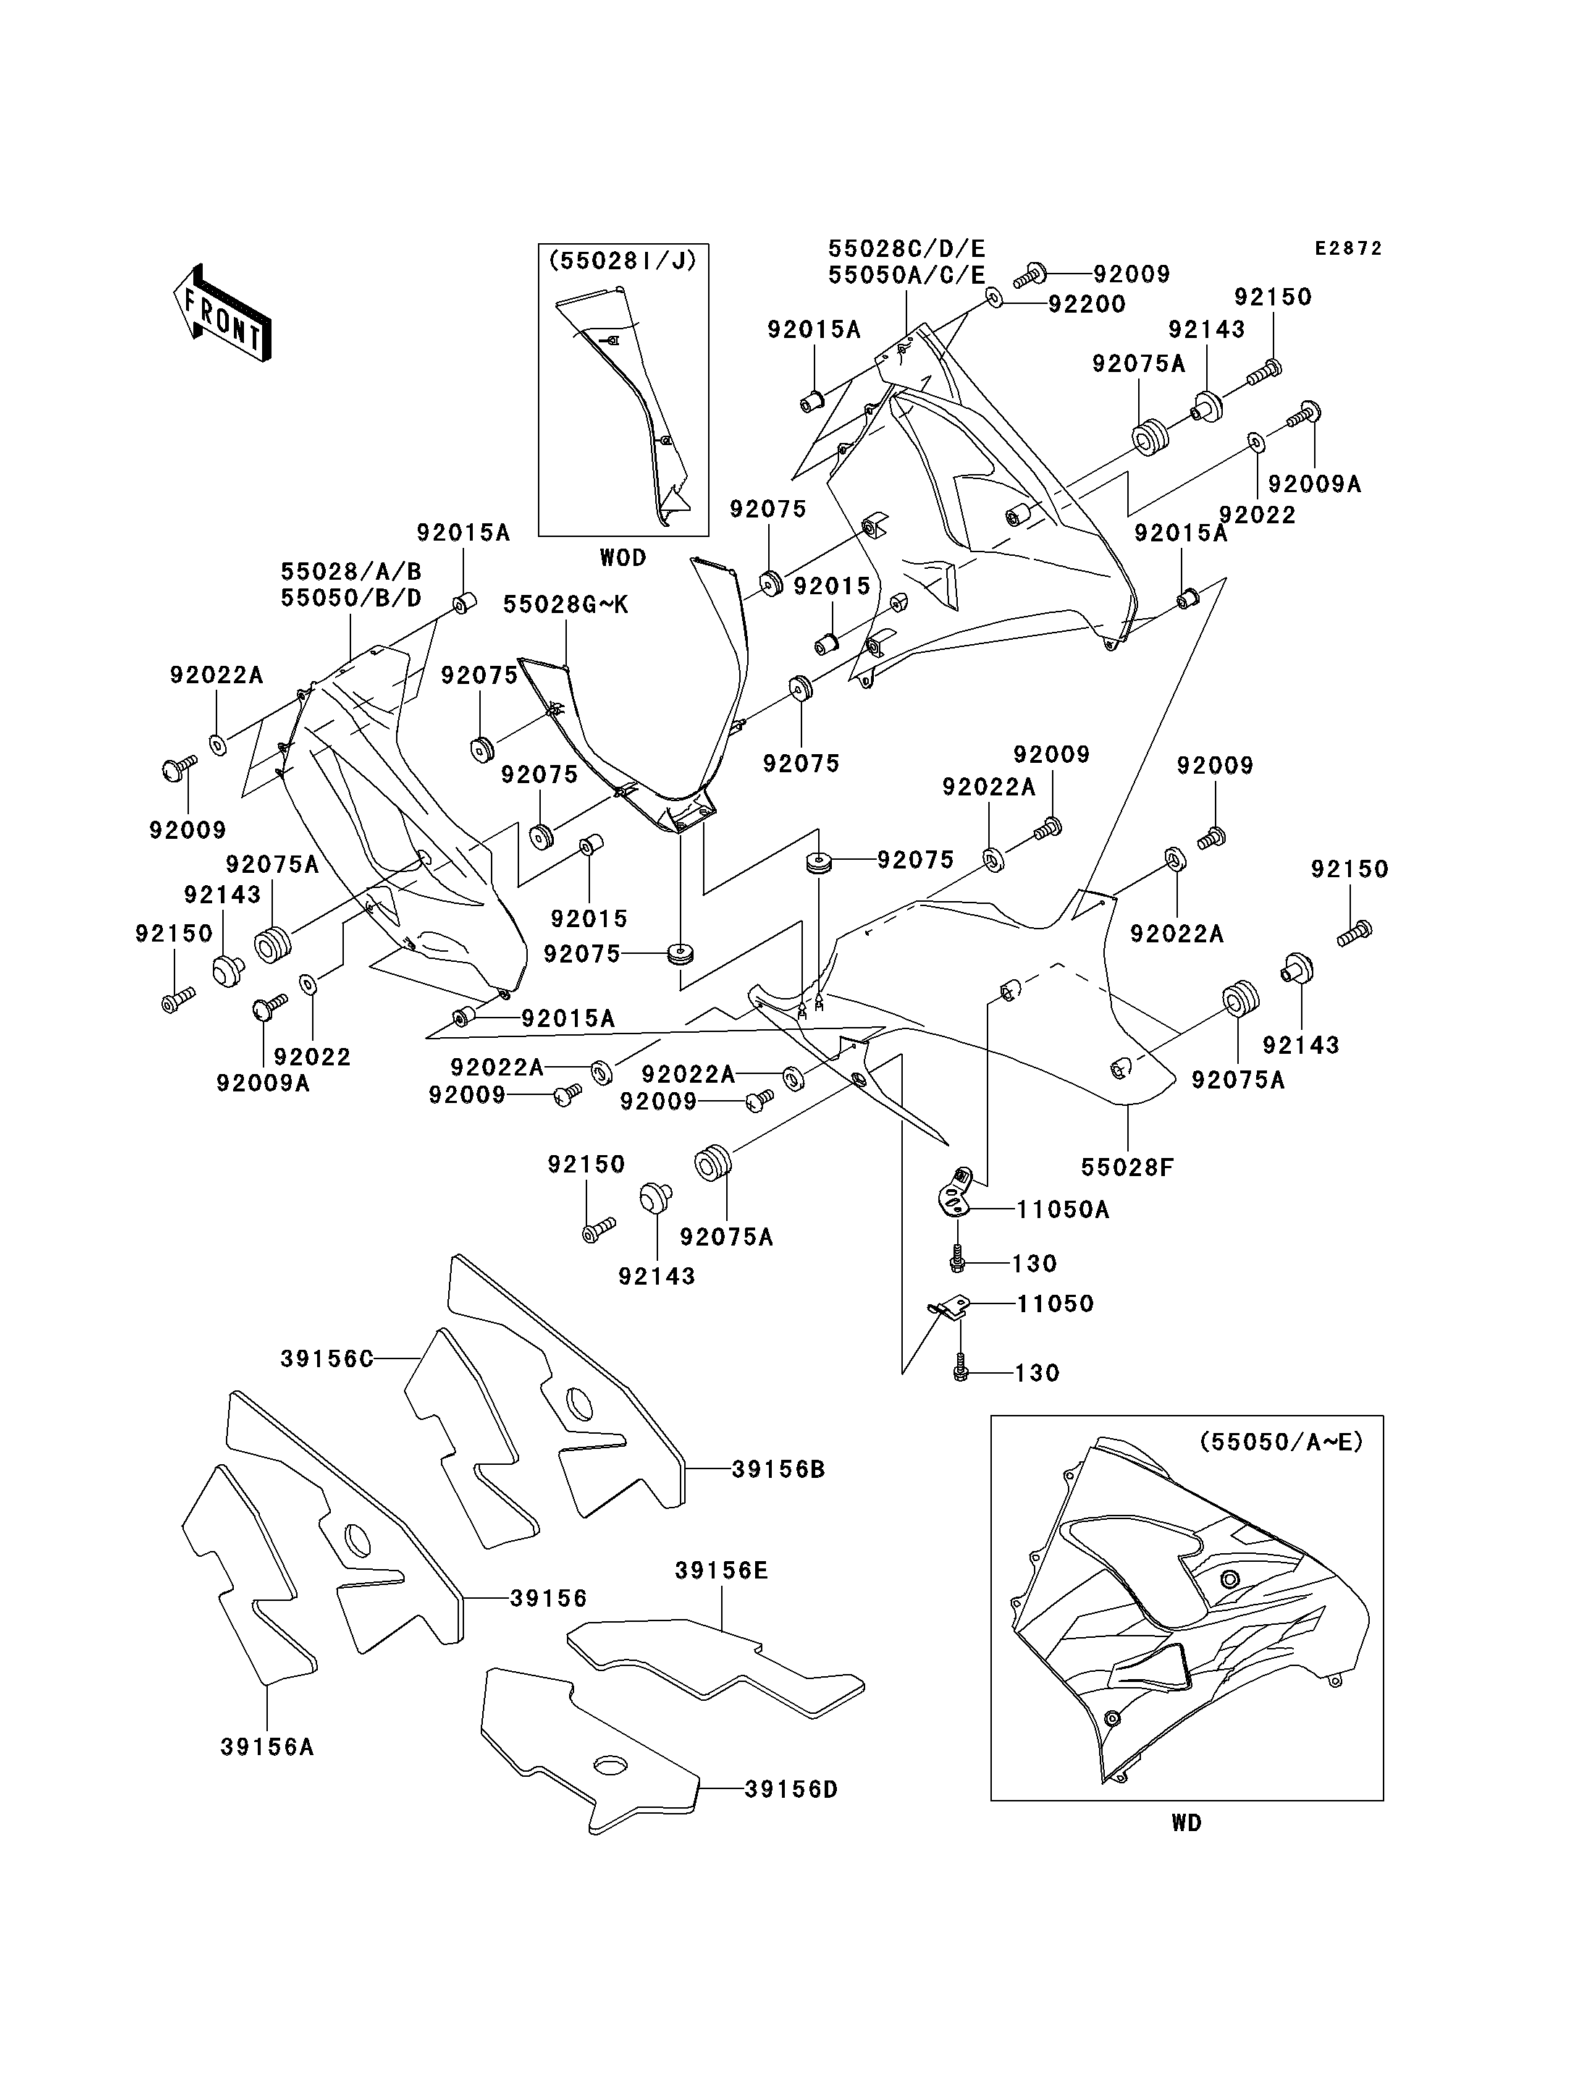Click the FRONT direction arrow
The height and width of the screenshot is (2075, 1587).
click(223, 313)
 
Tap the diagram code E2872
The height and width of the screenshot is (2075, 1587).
click(1349, 248)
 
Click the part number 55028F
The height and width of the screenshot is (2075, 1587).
click(1127, 1167)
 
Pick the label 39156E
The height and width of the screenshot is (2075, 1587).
click(722, 1570)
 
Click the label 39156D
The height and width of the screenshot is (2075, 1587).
click(791, 1789)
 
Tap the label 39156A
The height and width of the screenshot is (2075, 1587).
click(267, 1746)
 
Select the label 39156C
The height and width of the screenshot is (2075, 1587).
click(327, 1358)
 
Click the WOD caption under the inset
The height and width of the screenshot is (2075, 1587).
click(623, 557)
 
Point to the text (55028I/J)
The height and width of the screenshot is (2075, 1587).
click(623, 261)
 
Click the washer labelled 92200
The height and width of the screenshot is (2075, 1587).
click(995, 298)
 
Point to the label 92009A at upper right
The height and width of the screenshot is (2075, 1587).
click(1314, 483)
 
